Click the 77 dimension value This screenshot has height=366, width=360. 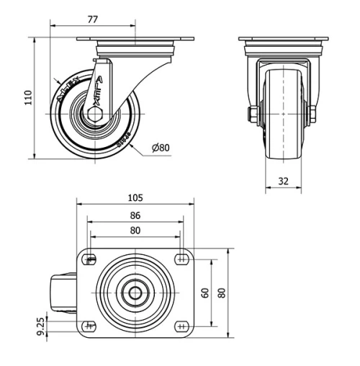pyautogui.click(x=92, y=19)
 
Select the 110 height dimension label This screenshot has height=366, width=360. pyautogui.click(x=27, y=97)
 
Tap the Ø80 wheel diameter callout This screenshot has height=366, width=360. pyautogui.click(x=160, y=148)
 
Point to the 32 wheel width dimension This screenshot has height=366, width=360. pyautogui.click(x=283, y=182)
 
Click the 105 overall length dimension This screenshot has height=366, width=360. pyautogui.click(x=135, y=197)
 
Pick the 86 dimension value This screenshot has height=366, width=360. pyautogui.click(x=135, y=215)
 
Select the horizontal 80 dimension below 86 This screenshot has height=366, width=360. pyautogui.click(x=135, y=231)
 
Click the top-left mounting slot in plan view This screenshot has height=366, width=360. pyautogui.click(x=90, y=259)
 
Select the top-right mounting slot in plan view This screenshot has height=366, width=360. pyautogui.click(x=179, y=259)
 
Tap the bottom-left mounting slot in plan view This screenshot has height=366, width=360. pyautogui.click(x=90, y=326)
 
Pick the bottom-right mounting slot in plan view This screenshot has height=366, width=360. pyautogui.click(x=179, y=326)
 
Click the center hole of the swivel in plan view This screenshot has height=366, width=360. pyautogui.click(x=135, y=293)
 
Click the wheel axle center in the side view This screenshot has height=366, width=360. pyautogui.click(x=94, y=114)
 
